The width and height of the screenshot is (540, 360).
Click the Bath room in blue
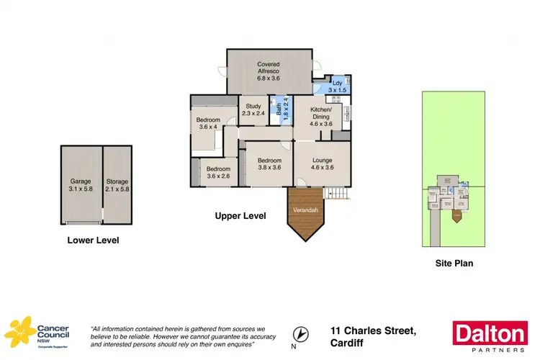pyautogui.click(x=282, y=111)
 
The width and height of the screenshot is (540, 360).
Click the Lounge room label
pyautogui.click(x=323, y=164)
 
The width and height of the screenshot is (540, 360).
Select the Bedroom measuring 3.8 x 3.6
pyautogui.click(x=268, y=164)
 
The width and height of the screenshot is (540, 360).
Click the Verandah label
pyautogui.click(x=305, y=210)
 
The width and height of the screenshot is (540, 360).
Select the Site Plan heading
pyautogui.click(x=454, y=264)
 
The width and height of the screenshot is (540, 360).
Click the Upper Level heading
pyautogui.click(x=241, y=215)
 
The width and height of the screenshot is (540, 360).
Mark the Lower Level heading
pyautogui.click(x=93, y=240)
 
